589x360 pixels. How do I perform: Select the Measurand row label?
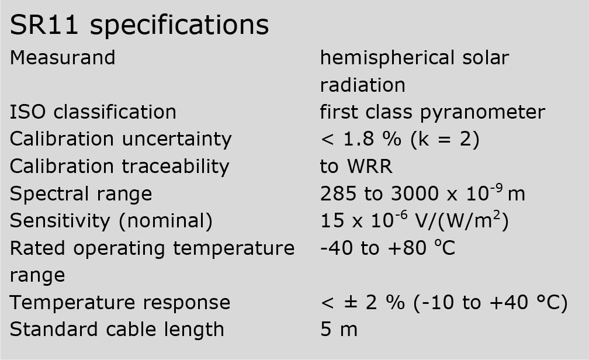click(63, 58)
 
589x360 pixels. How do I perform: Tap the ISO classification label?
click(93, 112)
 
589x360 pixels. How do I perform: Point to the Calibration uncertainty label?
click(120, 140)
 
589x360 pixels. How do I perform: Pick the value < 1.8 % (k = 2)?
click(400, 140)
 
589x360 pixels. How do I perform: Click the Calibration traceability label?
click(119, 167)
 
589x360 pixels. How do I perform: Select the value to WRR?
click(356, 167)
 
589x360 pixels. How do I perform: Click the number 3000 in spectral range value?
click(415, 194)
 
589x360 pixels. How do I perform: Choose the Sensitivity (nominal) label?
click(111, 221)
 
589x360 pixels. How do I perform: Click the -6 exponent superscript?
click(401, 215)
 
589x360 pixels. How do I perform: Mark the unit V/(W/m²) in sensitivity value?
click(462, 220)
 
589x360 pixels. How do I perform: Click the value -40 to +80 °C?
click(387, 248)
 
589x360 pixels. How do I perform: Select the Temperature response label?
click(120, 303)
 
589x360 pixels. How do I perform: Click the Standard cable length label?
click(117, 330)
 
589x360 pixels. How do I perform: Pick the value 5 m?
click(339, 330)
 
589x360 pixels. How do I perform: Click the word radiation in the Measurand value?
click(362, 85)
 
